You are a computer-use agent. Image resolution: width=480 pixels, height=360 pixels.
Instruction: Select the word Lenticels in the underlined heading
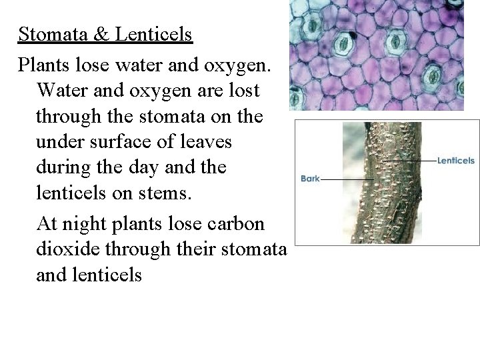click(x=153, y=34)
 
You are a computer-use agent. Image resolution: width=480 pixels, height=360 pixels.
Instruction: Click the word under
click(x=59, y=143)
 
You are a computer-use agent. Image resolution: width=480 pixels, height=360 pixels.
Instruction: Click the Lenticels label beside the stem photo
click(x=457, y=161)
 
